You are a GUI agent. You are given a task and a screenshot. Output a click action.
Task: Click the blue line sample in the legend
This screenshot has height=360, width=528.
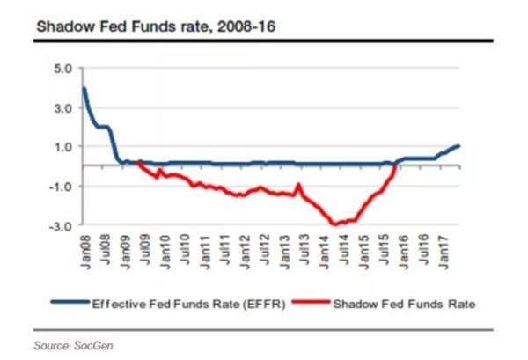(71, 305)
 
